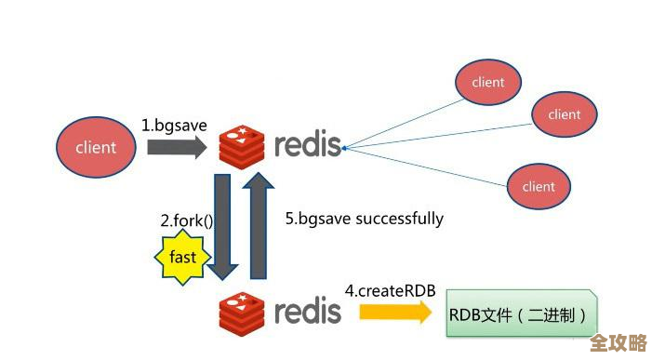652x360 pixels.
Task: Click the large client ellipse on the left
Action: (x=97, y=147)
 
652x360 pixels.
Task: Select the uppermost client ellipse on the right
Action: (x=487, y=82)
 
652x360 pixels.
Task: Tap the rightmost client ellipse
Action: (x=564, y=115)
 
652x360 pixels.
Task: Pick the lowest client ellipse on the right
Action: (x=539, y=186)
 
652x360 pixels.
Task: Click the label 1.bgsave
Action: (x=174, y=124)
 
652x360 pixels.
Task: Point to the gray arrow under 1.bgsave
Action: (x=174, y=147)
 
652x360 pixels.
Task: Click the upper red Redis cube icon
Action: (x=243, y=147)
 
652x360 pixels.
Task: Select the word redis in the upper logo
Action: (x=307, y=146)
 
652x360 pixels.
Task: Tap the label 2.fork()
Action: (x=187, y=221)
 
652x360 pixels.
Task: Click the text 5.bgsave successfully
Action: (x=365, y=220)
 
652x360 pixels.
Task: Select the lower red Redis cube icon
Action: (x=243, y=312)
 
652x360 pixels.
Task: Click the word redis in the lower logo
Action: (x=307, y=312)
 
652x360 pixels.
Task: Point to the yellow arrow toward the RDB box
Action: (x=395, y=313)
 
